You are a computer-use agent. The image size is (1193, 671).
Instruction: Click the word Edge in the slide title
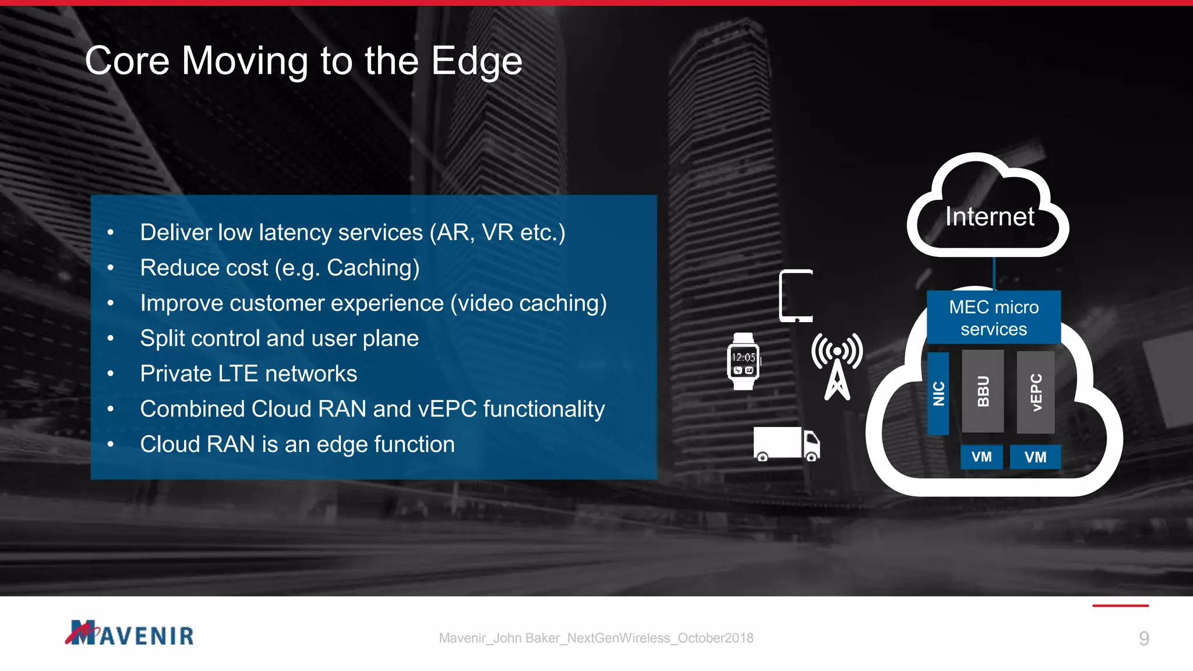coord(477,61)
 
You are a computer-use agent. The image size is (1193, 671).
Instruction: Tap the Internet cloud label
coord(990,217)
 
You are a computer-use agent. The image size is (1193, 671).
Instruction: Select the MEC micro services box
coord(994,317)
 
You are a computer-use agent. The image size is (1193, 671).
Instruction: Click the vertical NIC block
coord(938,393)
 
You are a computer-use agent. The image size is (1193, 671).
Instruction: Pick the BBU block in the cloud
coord(983,391)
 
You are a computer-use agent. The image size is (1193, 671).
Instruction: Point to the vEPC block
coord(1036,392)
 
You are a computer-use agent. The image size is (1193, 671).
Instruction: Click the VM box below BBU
coord(982,457)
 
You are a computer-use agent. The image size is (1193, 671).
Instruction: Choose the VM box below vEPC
coord(1035,457)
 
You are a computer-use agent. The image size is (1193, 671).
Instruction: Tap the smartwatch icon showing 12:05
coord(743,362)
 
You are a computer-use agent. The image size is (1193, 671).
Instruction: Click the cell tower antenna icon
coord(837,367)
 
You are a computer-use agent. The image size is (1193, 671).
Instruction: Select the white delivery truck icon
coord(786,444)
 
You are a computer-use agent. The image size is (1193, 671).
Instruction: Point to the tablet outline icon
coord(796,296)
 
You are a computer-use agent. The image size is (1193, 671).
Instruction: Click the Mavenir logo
coord(129,634)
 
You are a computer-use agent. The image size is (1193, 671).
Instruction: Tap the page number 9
coord(1143,639)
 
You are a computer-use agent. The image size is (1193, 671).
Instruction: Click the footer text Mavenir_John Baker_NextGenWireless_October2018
coord(596,638)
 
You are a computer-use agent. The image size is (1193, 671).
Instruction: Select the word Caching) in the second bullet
coord(373,268)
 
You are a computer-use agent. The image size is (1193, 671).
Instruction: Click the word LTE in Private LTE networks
coord(237,374)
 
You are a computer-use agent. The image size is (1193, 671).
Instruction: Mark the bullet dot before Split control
coord(111,338)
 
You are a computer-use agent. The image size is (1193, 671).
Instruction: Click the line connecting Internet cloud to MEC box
coord(994,273)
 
